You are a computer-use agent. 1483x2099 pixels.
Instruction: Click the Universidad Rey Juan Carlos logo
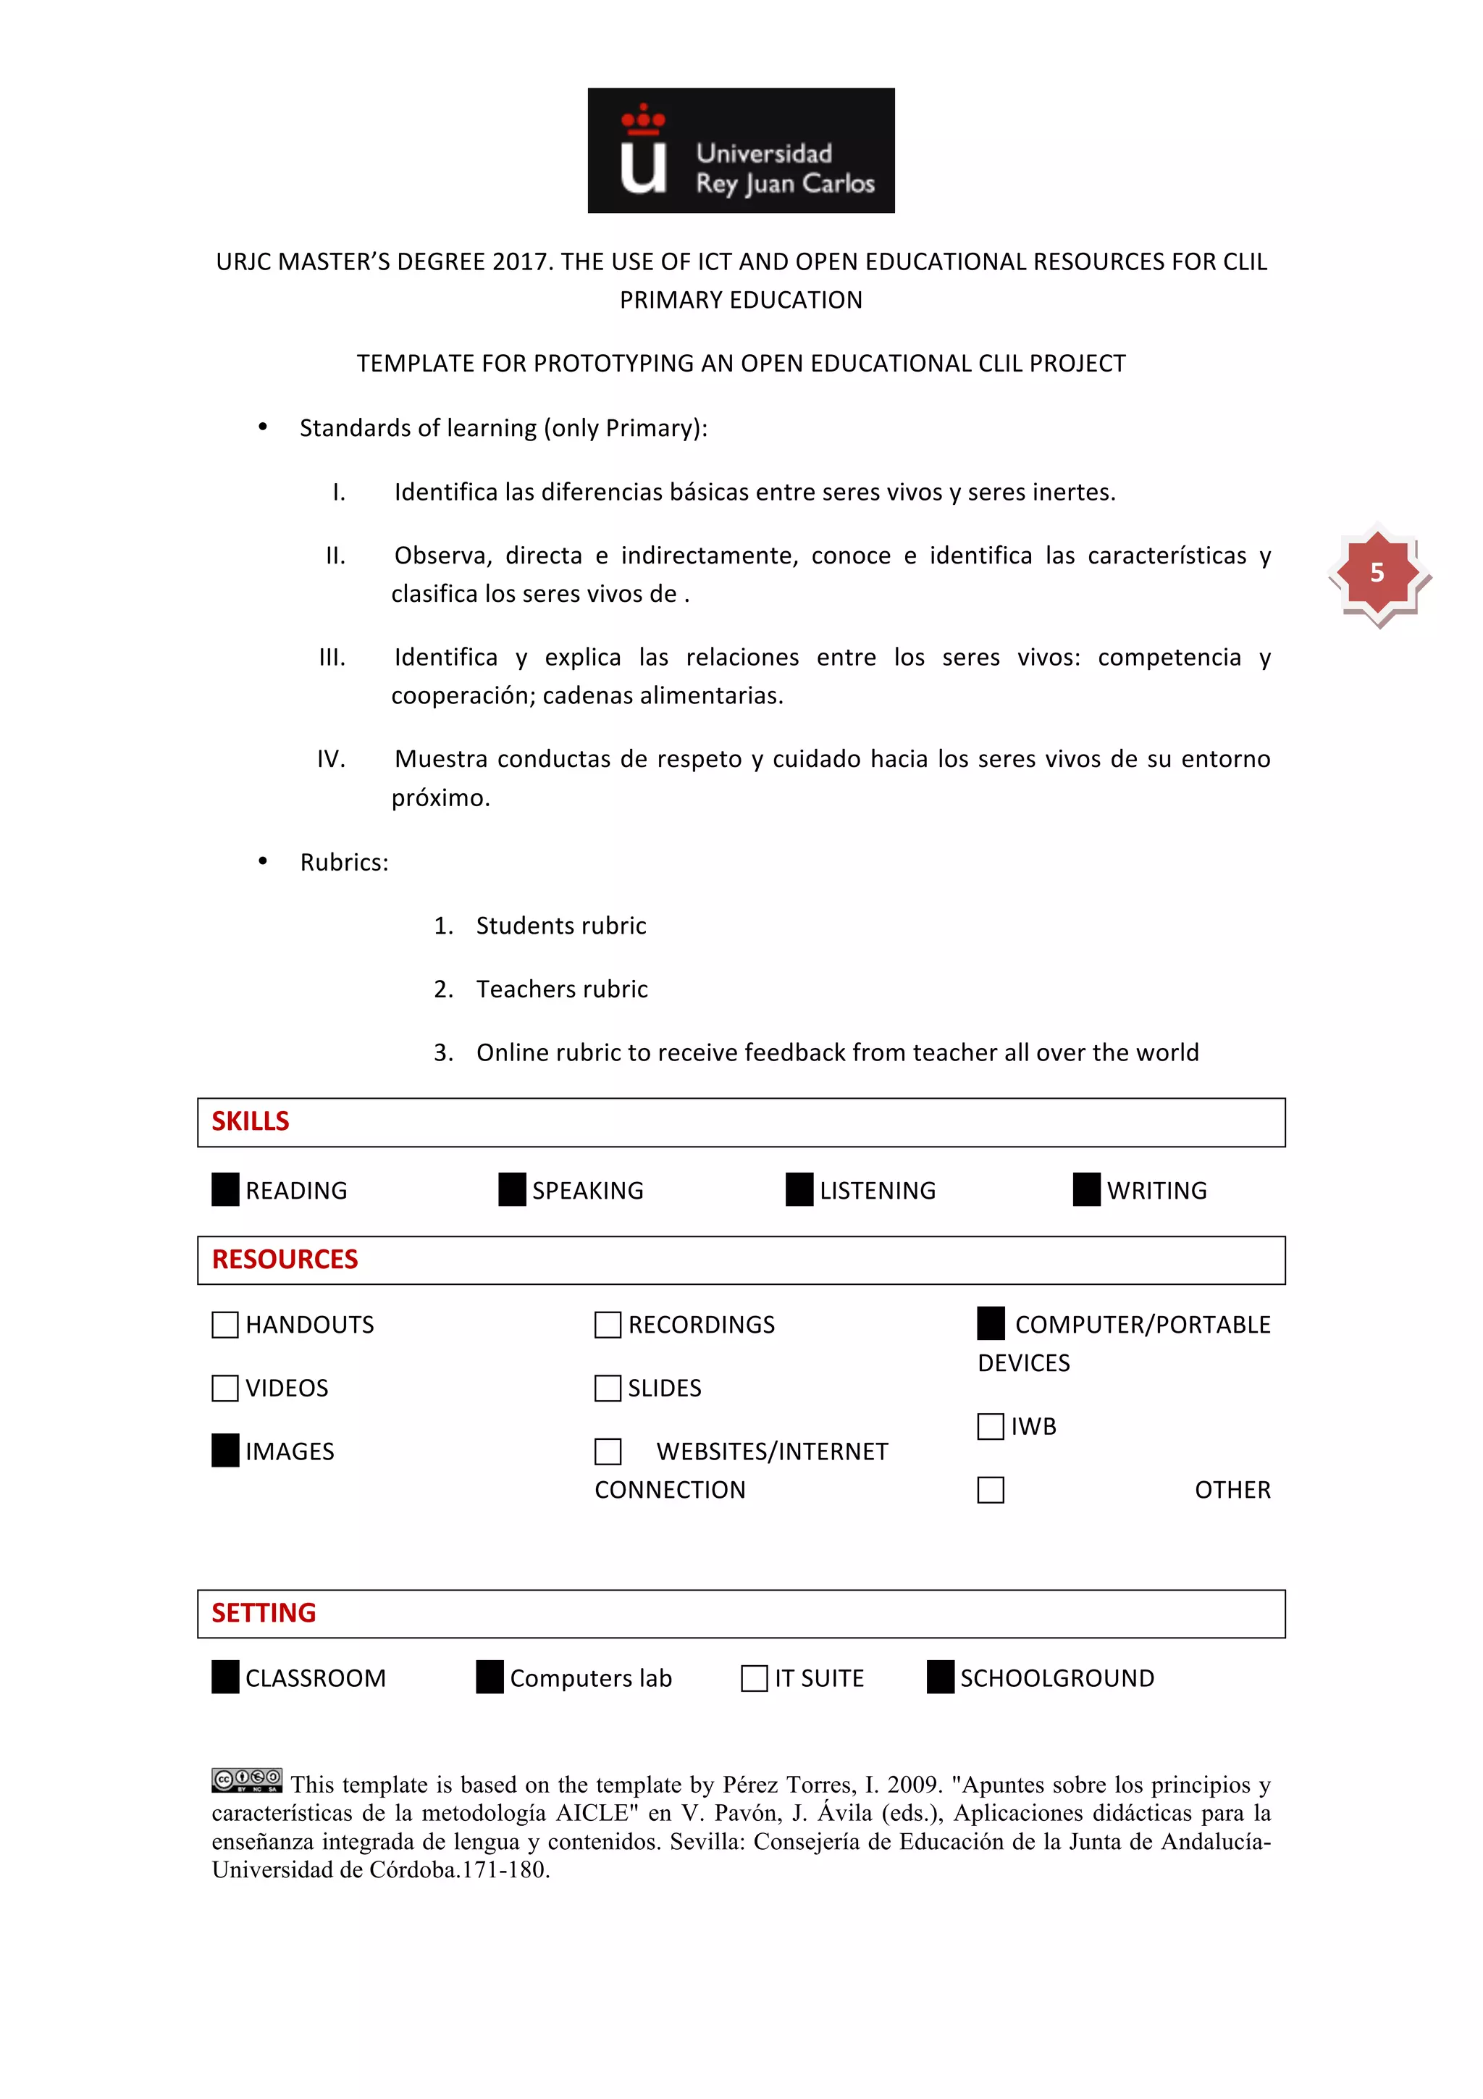pos(740,151)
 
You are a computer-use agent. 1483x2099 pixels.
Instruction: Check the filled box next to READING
pos(224,1189)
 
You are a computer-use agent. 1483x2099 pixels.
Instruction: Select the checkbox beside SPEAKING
pos(512,1189)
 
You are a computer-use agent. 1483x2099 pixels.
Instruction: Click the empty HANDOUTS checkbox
pos(224,1325)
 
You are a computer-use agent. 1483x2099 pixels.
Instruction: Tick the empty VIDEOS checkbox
pos(224,1388)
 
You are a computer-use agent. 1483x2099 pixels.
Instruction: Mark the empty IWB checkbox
pos(991,1426)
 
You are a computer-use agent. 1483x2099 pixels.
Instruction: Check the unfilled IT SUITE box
pos(754,1678)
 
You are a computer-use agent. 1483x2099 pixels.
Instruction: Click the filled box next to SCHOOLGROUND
pos(940,1677)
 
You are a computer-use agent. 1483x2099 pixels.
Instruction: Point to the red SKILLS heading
pos(251,1122)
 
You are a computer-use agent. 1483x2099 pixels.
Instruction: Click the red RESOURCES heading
pos(285,1260)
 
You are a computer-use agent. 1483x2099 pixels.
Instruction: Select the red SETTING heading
pos(264,1613)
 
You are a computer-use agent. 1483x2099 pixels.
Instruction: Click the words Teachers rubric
pos(561,989)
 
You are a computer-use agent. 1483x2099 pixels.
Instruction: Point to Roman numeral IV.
pos(331,760)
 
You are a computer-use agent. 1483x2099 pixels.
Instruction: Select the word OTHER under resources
pos(1232,1490)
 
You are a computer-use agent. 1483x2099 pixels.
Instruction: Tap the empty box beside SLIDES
pos(608,1388)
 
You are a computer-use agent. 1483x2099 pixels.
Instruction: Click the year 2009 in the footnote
pos(913,1785)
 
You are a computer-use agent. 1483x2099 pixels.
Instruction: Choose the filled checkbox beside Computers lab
pos(490,1677)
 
